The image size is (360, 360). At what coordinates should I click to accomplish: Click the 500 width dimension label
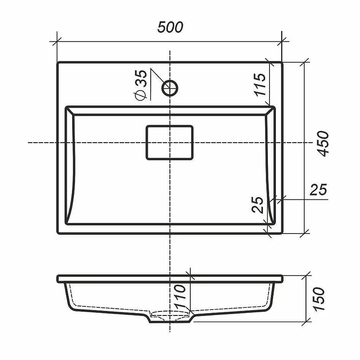(170, 27)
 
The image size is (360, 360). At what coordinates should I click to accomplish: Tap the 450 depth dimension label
(323, 144)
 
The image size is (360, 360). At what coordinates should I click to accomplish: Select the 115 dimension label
(260, 85)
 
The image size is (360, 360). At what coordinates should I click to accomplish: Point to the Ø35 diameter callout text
(140, 85)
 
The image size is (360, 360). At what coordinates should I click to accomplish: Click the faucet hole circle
(170, 88)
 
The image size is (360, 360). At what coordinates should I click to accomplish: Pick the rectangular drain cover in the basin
(170, 143)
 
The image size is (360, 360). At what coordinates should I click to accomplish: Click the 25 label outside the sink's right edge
(318, 189)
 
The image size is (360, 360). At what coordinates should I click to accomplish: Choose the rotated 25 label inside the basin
(257, 205)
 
